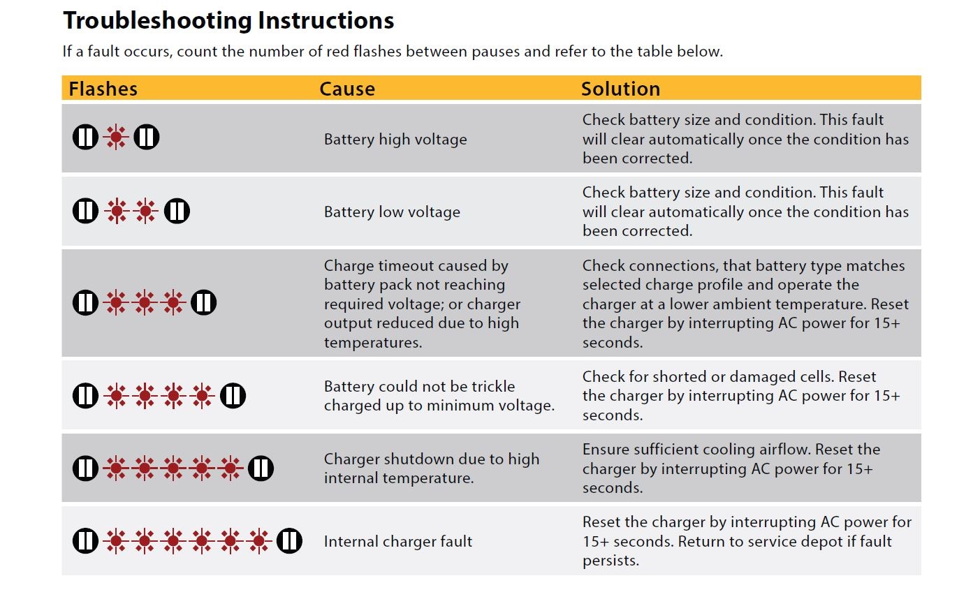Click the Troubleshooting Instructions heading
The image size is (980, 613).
pyautogui.click(x=228, y=21)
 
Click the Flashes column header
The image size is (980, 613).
pyautogui.click(x=103, y=89)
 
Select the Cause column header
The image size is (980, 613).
pyautogui.click(x=347, y=89)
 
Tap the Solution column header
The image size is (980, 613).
pyautogui.click(x=620, y=89)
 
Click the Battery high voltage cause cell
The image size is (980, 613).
pyautogui.click(x=395, y=139)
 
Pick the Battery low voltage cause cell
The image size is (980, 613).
pyautogui.click(x=392, y=212)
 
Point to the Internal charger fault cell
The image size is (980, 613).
pyautogui.click(x=398, y=541)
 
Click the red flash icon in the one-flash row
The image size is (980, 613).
pyautogui.click(x=116, y=137)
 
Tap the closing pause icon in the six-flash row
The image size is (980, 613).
pyautogui.click(x=289, y=540)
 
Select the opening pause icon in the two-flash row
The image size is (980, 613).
pyautogui.click(x=86, y=210)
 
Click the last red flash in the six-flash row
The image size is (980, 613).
pyautogui.click(x=258, y=540)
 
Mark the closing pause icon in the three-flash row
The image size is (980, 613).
pyautogui.click(x=204, y=302)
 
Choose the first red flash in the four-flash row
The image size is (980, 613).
pyautogui.click(x=116, y=396)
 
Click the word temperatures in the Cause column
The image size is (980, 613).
pyautogui.click(x=373, y=343)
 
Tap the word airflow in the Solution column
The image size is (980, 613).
pyautogui.click(x=782, y=449)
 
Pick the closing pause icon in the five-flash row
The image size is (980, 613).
pyautogui.click(x=261, y=468)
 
